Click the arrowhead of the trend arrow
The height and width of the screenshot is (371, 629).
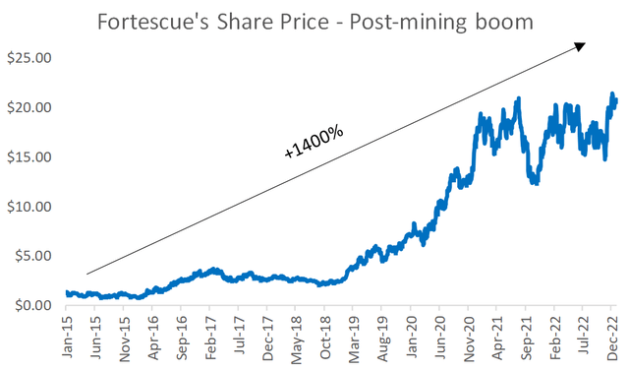582,45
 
